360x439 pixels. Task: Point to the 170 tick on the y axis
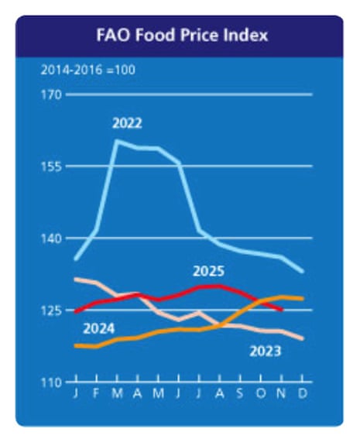[53, 95]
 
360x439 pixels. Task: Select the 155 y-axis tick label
[53, 166]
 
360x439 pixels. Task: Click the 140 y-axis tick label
[53, 238]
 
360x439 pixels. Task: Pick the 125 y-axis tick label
[53, 310]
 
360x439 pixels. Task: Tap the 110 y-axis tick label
[53, 382]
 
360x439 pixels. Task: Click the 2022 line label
[127, 123]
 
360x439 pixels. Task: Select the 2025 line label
[208, 271]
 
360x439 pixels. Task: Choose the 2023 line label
[265, 352]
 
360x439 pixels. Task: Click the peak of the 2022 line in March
[117, 141]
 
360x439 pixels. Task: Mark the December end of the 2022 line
[302, 272]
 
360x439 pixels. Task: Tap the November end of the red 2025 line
[281, 310]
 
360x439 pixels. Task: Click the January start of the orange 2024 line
[75, 345]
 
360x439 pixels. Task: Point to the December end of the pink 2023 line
[302, 339]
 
